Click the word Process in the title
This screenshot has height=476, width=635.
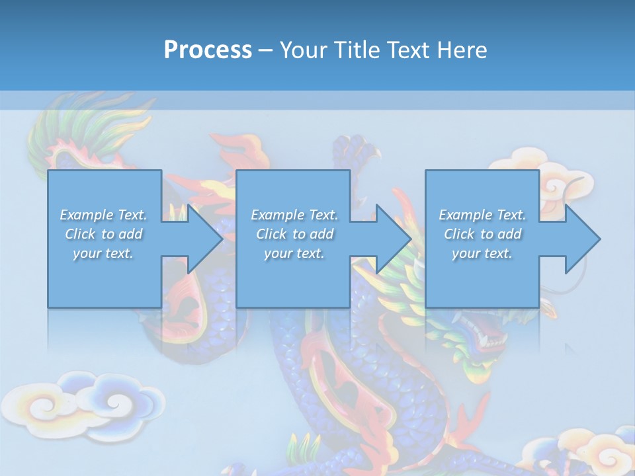(x=208, y=50)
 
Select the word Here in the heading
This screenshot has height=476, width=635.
(x=462, y=50)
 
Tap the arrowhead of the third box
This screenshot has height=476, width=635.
(x=582, y=239)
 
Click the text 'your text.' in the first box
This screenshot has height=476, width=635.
(x=103, y=253)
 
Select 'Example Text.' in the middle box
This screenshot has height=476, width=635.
(x=294, y=215)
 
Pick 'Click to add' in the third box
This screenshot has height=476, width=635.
(x=482, y=234)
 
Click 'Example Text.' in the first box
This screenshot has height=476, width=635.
(x=103, y=215)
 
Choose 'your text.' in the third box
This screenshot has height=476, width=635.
(x=482, y=253)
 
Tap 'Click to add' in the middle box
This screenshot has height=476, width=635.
(x=294, y=234)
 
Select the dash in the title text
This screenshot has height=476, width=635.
(x=265, y=50)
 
